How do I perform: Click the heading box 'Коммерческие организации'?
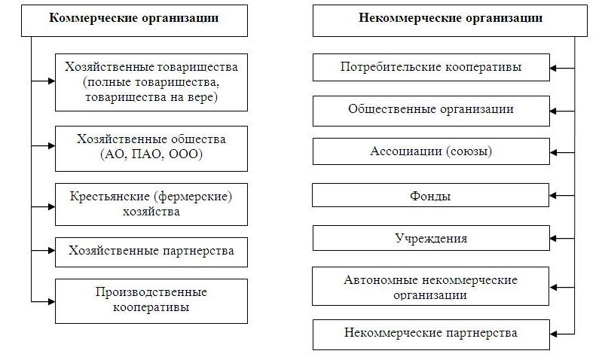134,21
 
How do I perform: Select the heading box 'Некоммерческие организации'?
450,21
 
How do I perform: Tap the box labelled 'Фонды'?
430,195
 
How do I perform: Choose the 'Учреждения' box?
431,238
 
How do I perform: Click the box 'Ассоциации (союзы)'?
431,151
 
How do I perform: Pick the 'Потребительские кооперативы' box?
431,67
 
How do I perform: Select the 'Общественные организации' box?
431,111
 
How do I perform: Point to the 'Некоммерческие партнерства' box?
431,334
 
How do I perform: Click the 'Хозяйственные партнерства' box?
151,252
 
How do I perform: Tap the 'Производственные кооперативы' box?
151,301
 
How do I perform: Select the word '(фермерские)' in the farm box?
193,197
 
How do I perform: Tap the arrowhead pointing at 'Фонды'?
553,195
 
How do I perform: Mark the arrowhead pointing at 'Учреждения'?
553,238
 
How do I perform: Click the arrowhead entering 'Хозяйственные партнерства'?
51,251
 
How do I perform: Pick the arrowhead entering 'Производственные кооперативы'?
51,302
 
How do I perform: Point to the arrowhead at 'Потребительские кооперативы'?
553,69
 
